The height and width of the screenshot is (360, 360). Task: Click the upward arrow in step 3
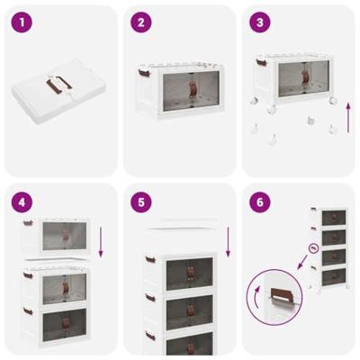coord(348,116)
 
